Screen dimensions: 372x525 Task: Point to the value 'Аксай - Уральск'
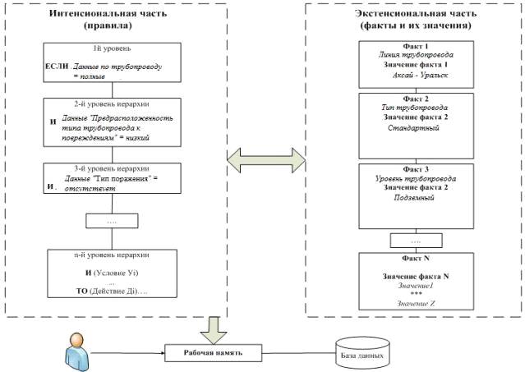tap(417, 75)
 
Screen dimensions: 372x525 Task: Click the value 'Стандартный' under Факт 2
tap(417, 128)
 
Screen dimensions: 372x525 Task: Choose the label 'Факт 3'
tap(417, 169)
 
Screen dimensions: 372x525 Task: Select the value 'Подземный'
tap(417, 198)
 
